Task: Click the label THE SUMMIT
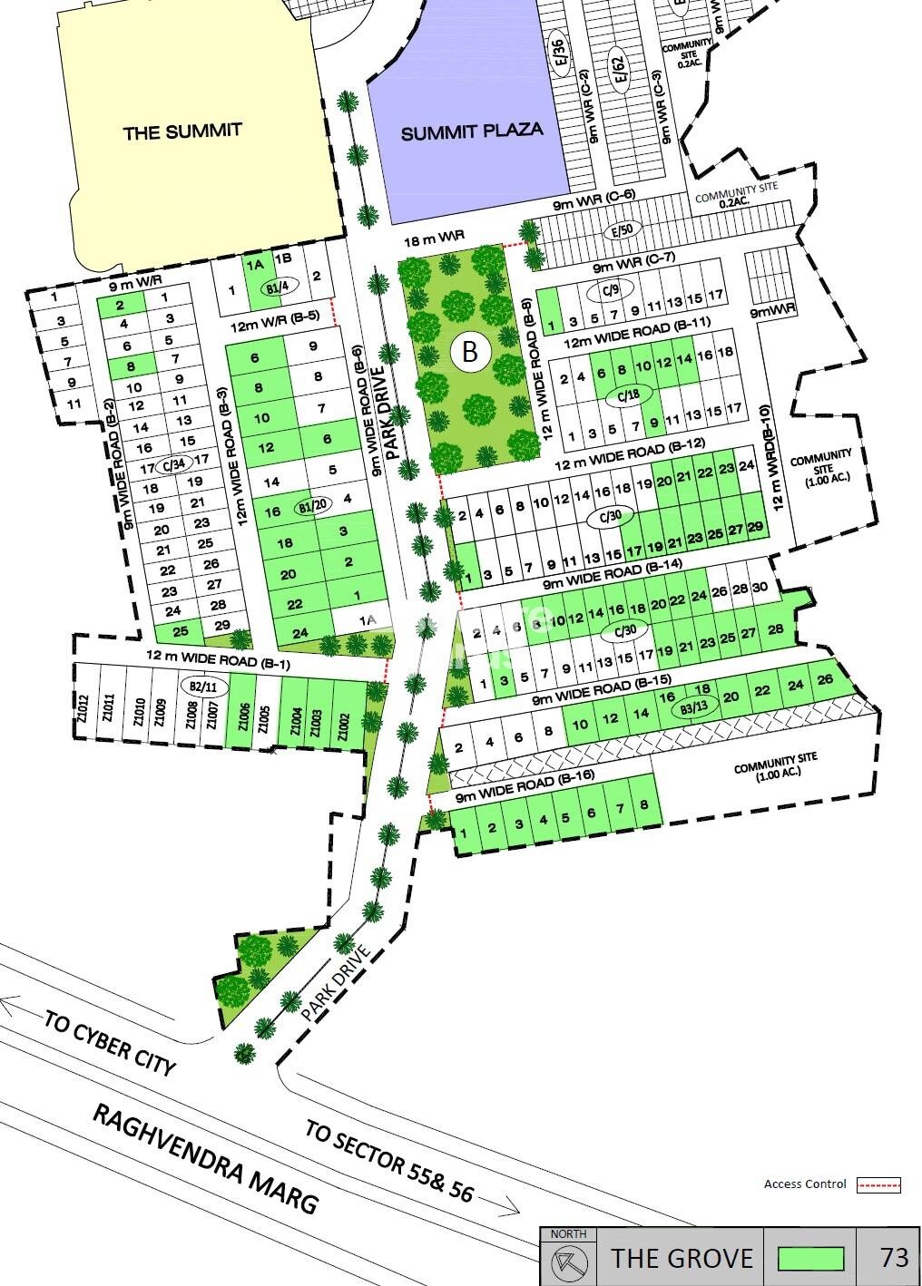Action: tap(182, 132)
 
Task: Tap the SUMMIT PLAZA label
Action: tap(472, 132)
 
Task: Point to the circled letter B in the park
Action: tap(469, 351)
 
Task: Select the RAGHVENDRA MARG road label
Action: tap(207, 1158)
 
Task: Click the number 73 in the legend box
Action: tap(894, 1257)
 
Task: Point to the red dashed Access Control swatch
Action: tap(878, 1184)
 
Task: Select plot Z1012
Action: tap(83, 708)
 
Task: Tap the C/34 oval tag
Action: tap(173, 465)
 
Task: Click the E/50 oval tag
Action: tap(621, 230)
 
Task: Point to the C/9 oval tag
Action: tap(610, 290)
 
